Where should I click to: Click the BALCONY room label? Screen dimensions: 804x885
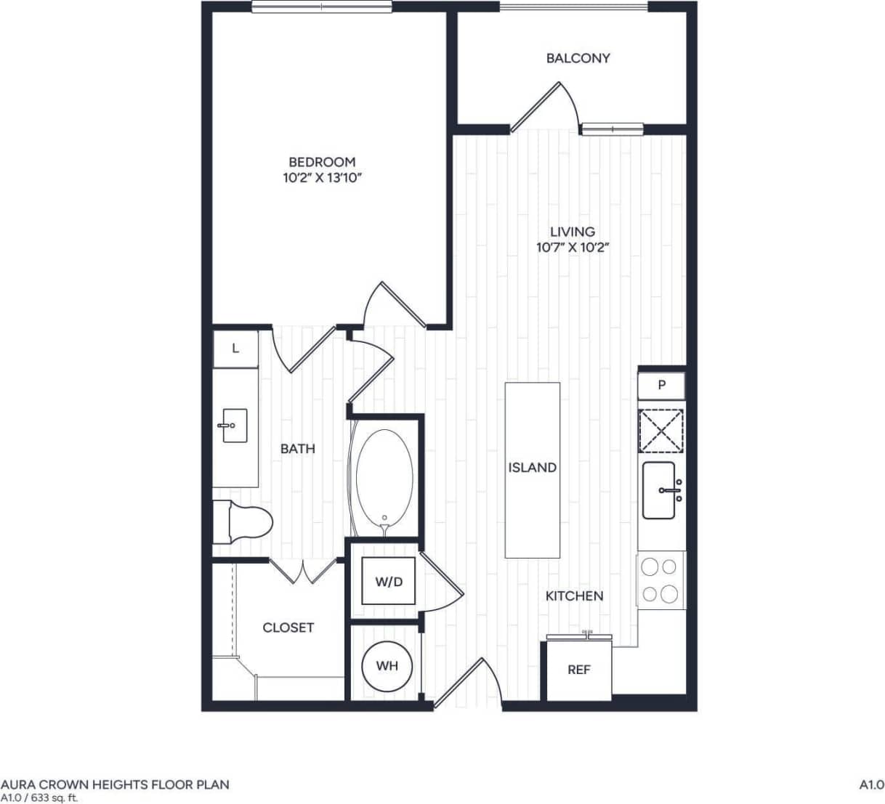click(x=578, y=58)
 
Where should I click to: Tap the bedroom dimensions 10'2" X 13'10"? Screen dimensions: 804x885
click(x=322, y=177)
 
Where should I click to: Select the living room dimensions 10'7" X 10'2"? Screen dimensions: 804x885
click(x=572, y=247)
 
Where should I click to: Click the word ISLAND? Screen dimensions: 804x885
click(x=532, y=468)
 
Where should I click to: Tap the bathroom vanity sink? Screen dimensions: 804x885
click(x=234, y=426)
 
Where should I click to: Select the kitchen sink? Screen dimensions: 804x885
click(x=660, y=490)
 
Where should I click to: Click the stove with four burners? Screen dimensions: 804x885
click(x=660, y=580)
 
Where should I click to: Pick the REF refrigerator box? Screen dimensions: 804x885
click(x=578, y=670)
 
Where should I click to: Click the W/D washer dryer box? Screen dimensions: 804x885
click(x=389, y=581)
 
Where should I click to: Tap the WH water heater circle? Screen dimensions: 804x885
click(x=387, y=665)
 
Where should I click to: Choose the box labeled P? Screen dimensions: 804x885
click(x=661, y=385)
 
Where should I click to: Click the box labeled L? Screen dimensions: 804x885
click(x=235, y=349)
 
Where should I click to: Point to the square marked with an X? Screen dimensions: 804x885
click(x=660, y=431)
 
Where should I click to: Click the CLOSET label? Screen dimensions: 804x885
click(x=288, y=628)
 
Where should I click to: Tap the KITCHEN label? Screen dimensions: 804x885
click(x=574, y=596)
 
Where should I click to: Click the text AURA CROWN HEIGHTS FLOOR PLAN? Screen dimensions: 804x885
click(x=115, y=784)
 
